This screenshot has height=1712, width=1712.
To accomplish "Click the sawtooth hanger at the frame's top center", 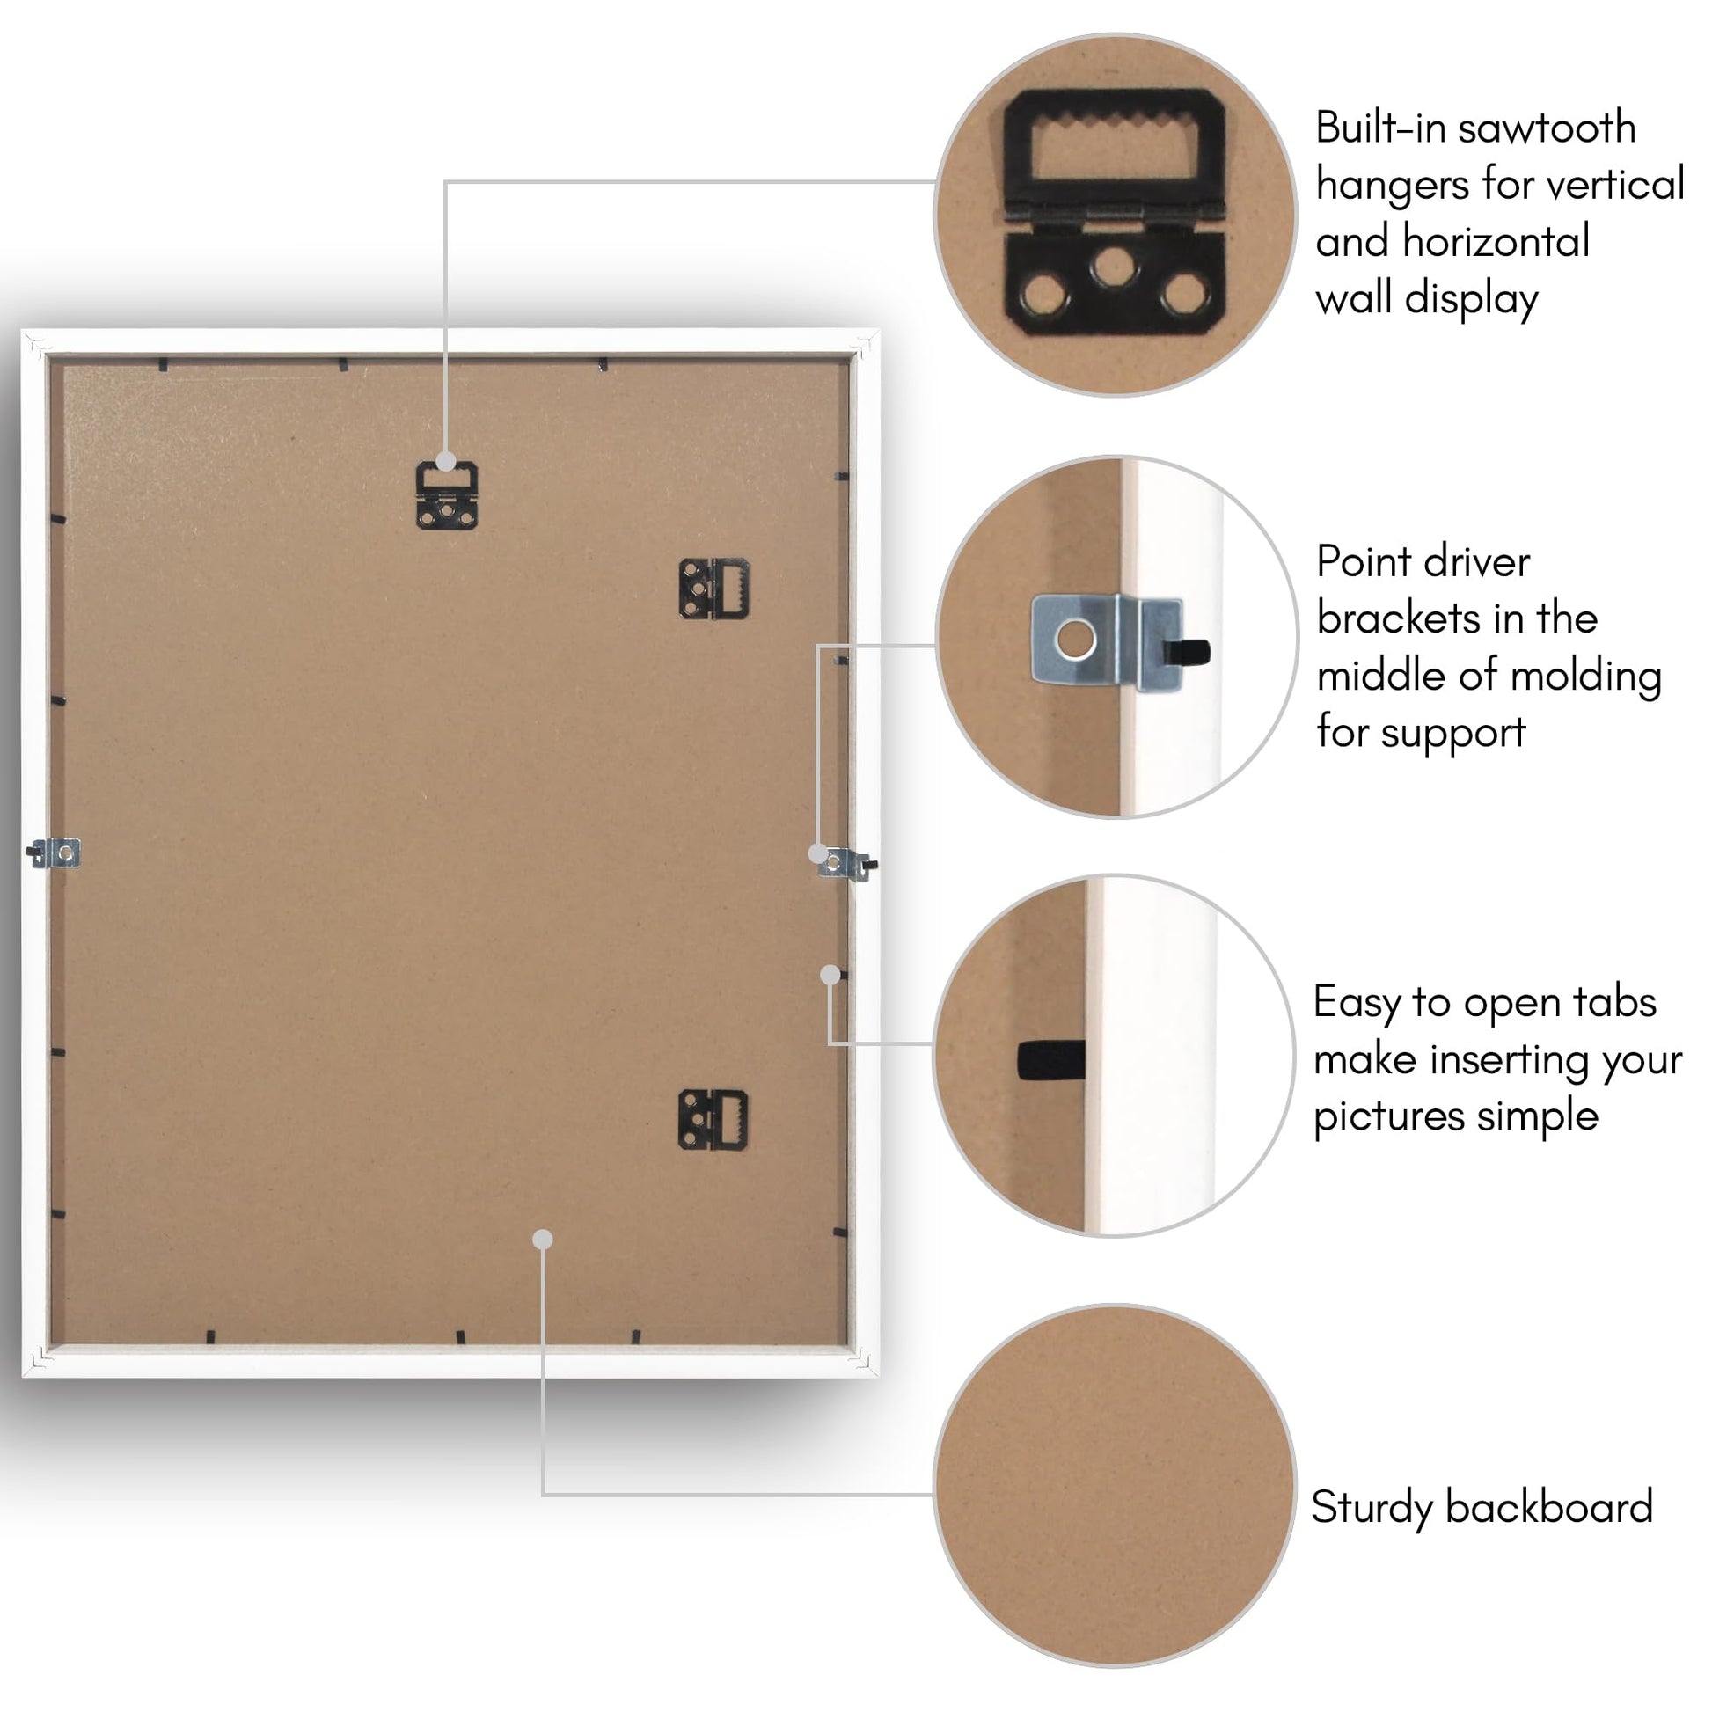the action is [448, 496].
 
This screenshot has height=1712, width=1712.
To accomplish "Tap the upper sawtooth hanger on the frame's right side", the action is [714, 589].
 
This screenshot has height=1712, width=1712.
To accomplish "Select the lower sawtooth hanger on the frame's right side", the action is [713, 1121].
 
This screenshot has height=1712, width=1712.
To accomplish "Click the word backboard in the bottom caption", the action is [1550, 1506].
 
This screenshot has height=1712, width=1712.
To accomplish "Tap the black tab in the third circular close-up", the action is [1051, 1060].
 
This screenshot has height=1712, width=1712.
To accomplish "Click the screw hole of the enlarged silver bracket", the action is [1076, 640].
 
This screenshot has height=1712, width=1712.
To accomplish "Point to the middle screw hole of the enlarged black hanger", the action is [1113, 265].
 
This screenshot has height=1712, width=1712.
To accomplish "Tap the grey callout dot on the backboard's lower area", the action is [543, 1240].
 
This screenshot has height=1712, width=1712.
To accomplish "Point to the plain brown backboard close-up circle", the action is [1115, 1485].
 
